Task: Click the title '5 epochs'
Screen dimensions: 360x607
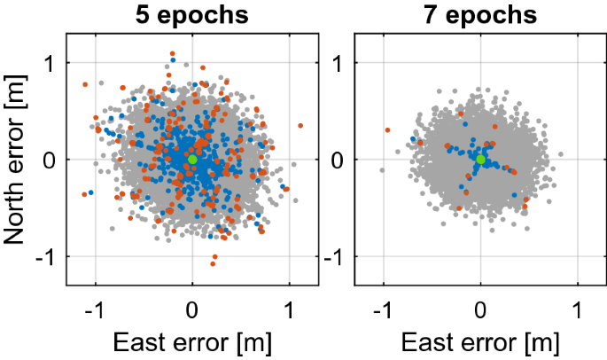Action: point(191,15)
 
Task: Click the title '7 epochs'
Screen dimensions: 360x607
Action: point(480,15)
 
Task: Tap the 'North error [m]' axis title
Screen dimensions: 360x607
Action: point(17,159)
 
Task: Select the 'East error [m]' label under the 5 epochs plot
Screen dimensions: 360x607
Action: point(192,341)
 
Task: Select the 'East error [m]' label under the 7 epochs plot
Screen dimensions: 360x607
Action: point(480,341)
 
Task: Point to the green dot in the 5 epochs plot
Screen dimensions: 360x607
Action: point(192,159)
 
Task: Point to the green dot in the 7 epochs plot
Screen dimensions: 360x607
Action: point(480,159)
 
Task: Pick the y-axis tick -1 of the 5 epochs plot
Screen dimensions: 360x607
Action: point(48,256)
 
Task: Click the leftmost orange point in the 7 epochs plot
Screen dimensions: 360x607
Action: point(387,130)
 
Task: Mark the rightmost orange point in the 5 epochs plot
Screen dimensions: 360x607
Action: point(300,125)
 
